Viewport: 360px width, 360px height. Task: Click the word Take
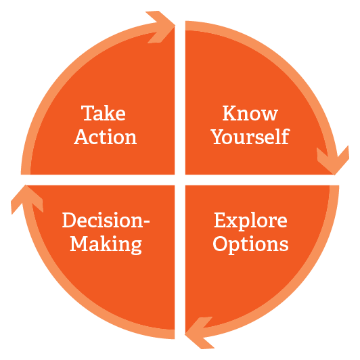104,113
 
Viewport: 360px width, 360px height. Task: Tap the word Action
106,137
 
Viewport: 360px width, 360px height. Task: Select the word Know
250,113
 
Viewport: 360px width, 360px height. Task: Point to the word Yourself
250,137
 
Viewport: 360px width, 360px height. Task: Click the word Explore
250,221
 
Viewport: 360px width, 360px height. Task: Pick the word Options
250,244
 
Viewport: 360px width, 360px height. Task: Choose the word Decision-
106,220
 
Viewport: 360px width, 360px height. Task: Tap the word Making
106,245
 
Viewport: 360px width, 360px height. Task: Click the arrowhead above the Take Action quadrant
160,26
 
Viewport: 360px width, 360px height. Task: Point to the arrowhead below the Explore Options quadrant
199,333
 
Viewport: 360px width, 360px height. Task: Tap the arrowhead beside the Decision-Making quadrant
26,199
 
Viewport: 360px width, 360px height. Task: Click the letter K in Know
230,113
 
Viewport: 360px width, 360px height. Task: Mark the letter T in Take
88,113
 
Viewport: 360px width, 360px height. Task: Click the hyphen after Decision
146,222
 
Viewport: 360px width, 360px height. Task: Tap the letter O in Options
221,244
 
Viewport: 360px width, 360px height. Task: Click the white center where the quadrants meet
180,180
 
